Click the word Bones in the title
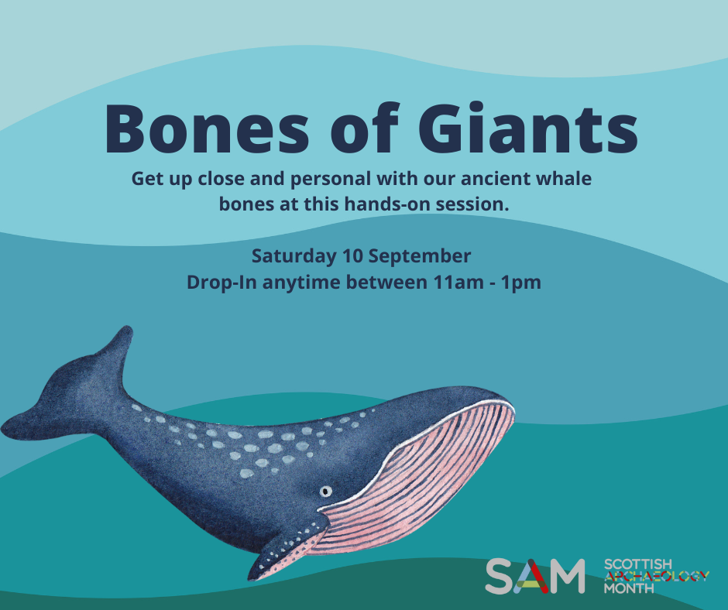(x=207, y=129)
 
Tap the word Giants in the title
(x=528, y=129)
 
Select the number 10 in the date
(x=352, y=255)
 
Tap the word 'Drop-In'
(x=221, y=283)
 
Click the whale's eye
(x=326, y=491)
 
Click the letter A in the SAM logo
(x=535, y=577)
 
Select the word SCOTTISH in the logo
(x=638, y=564)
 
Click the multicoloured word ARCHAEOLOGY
(x=657, y=576)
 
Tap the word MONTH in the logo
(x=629, y=588)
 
